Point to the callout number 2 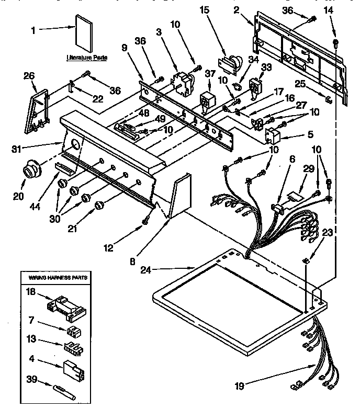(251, 10)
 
